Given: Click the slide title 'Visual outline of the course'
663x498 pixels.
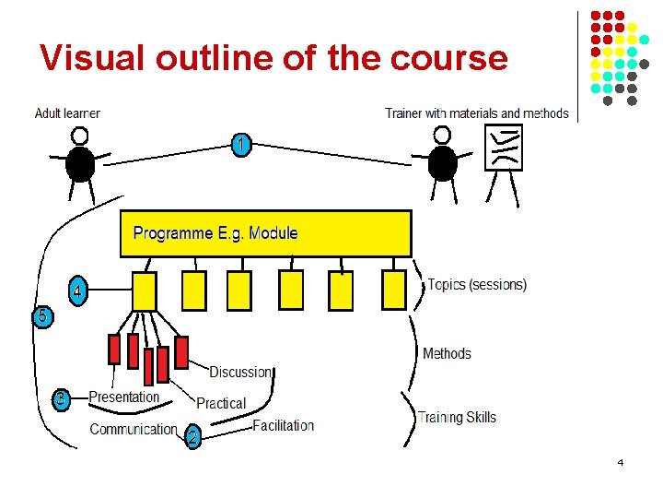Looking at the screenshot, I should [273, 58].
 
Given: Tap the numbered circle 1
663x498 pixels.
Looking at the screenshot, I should [240, 145].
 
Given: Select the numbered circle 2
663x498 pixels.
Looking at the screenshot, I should [192, 438].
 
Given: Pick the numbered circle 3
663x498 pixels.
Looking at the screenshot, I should [61, 399].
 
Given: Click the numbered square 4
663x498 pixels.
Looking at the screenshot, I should [79, 290].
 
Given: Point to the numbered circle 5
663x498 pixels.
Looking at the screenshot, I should [42, 315].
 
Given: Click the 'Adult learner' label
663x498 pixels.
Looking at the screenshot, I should [67, 113].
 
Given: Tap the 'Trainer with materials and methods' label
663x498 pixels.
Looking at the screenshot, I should [476, 113].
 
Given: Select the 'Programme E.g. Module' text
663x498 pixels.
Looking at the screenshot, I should [215, 232].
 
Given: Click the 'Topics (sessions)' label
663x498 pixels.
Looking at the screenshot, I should [477, 284].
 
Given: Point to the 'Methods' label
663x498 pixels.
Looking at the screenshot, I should [447, 353].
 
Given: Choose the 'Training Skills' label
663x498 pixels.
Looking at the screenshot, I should [457, 417].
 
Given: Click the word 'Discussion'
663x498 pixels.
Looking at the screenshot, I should [240, 372].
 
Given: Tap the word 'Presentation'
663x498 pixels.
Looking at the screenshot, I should [123, 397].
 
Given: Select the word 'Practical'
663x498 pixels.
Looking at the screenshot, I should [221, 403].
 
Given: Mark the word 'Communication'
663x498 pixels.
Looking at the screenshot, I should [134, 429].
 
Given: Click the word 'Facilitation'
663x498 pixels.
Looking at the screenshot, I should [283, 425].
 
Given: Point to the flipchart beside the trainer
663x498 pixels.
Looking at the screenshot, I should [503, 148].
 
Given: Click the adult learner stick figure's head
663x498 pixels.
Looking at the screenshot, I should [80, 136].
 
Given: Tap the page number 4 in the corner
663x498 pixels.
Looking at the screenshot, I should [621, 462].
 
